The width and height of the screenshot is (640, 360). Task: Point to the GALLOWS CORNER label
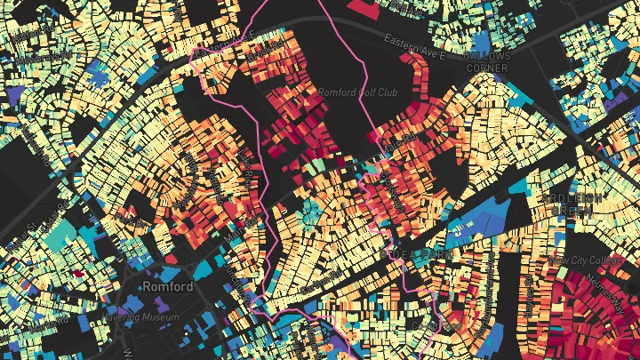pos(488,62)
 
